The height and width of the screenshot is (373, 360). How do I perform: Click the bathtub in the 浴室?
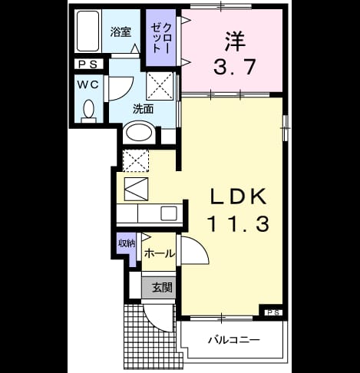(88, 31)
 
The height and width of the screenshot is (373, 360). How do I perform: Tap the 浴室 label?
(121, 32)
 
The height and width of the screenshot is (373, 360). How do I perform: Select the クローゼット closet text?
(161, 38)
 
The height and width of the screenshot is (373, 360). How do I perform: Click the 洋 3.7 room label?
(235, 53)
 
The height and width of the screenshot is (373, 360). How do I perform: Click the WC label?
(88, 85)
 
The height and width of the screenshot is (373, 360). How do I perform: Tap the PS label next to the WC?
(88, 64)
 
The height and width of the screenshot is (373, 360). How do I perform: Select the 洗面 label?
(143, 110)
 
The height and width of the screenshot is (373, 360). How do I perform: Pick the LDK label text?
(239, 196)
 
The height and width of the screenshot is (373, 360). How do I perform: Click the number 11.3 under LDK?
(239, 223)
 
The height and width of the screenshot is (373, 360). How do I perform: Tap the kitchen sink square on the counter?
(169, 213)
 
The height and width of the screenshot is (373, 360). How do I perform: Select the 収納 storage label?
(127, 243)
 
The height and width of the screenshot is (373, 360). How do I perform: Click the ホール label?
(160, 254)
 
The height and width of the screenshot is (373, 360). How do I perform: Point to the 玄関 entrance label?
(162, 288)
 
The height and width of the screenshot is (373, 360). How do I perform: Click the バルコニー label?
(233, 340)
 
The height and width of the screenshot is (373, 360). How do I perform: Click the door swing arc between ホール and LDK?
(201, 245)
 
